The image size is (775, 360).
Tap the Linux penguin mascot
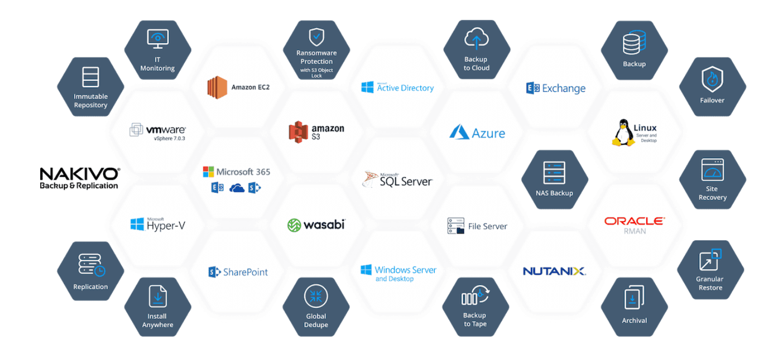click(x=622, y=133)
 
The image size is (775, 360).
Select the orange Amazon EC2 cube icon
click(x=217, y=87)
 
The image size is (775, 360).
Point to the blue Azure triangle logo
click(x=459, y=132)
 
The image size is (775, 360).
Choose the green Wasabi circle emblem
click(x=294, y=225)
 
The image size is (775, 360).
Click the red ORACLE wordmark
click(x=634, y=221)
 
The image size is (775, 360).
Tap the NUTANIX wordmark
click(x=554, y=271)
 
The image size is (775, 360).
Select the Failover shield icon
click(x=712, y=79)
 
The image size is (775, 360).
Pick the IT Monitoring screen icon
click(x=157, y=39)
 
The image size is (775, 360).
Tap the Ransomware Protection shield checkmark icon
click(x=316, y=37)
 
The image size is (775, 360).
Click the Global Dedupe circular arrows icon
click(x=316, y=296)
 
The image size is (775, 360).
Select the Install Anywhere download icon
click(x=158, y=296)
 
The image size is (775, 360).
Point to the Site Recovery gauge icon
click(x=712, y=170)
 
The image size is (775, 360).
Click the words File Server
click(x=487, y=226)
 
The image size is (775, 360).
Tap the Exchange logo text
click(x=564, y=89)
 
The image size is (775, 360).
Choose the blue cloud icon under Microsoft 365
click(x=236, y=188)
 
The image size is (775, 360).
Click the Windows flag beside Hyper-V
click(x=137, y=224)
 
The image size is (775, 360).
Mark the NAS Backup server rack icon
click(x=554, y=173)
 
